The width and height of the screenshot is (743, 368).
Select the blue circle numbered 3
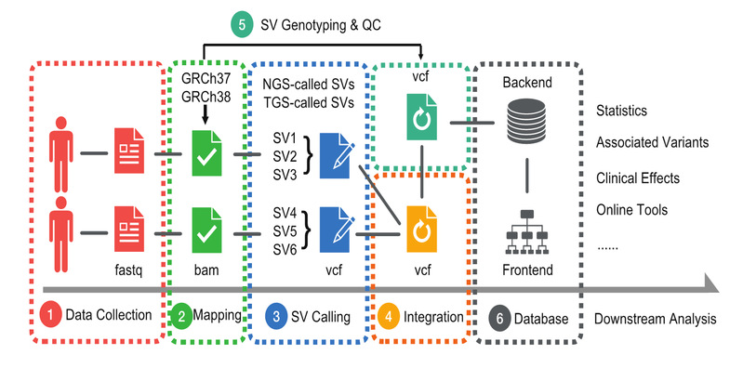[x=276, y=316]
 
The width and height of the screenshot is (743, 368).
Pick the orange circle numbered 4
[x=389, y=316]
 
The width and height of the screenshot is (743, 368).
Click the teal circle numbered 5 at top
[x=242, y=25]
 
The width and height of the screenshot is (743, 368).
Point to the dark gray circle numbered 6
[x=499, y=318]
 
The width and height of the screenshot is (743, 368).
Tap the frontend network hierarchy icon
[x=527, y=231]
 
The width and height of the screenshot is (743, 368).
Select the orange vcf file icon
[x=422, y=230]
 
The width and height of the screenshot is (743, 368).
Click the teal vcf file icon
[x=422, y=117]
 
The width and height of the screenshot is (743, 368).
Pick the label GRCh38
[x=206, y=96]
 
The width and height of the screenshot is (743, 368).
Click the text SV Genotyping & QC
[x=321, y=25]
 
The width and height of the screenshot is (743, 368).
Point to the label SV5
[x=285, y=231]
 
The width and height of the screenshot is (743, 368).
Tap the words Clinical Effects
[x=638, y=178]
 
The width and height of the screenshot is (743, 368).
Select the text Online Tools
[x=631, y=209]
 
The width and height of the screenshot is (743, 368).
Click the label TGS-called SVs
[x=309, y=103]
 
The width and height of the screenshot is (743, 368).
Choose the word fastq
[x=128, y=271]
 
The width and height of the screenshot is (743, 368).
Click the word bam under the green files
[x=206, y=270]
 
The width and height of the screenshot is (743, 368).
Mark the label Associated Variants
[x=653, y=142]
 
